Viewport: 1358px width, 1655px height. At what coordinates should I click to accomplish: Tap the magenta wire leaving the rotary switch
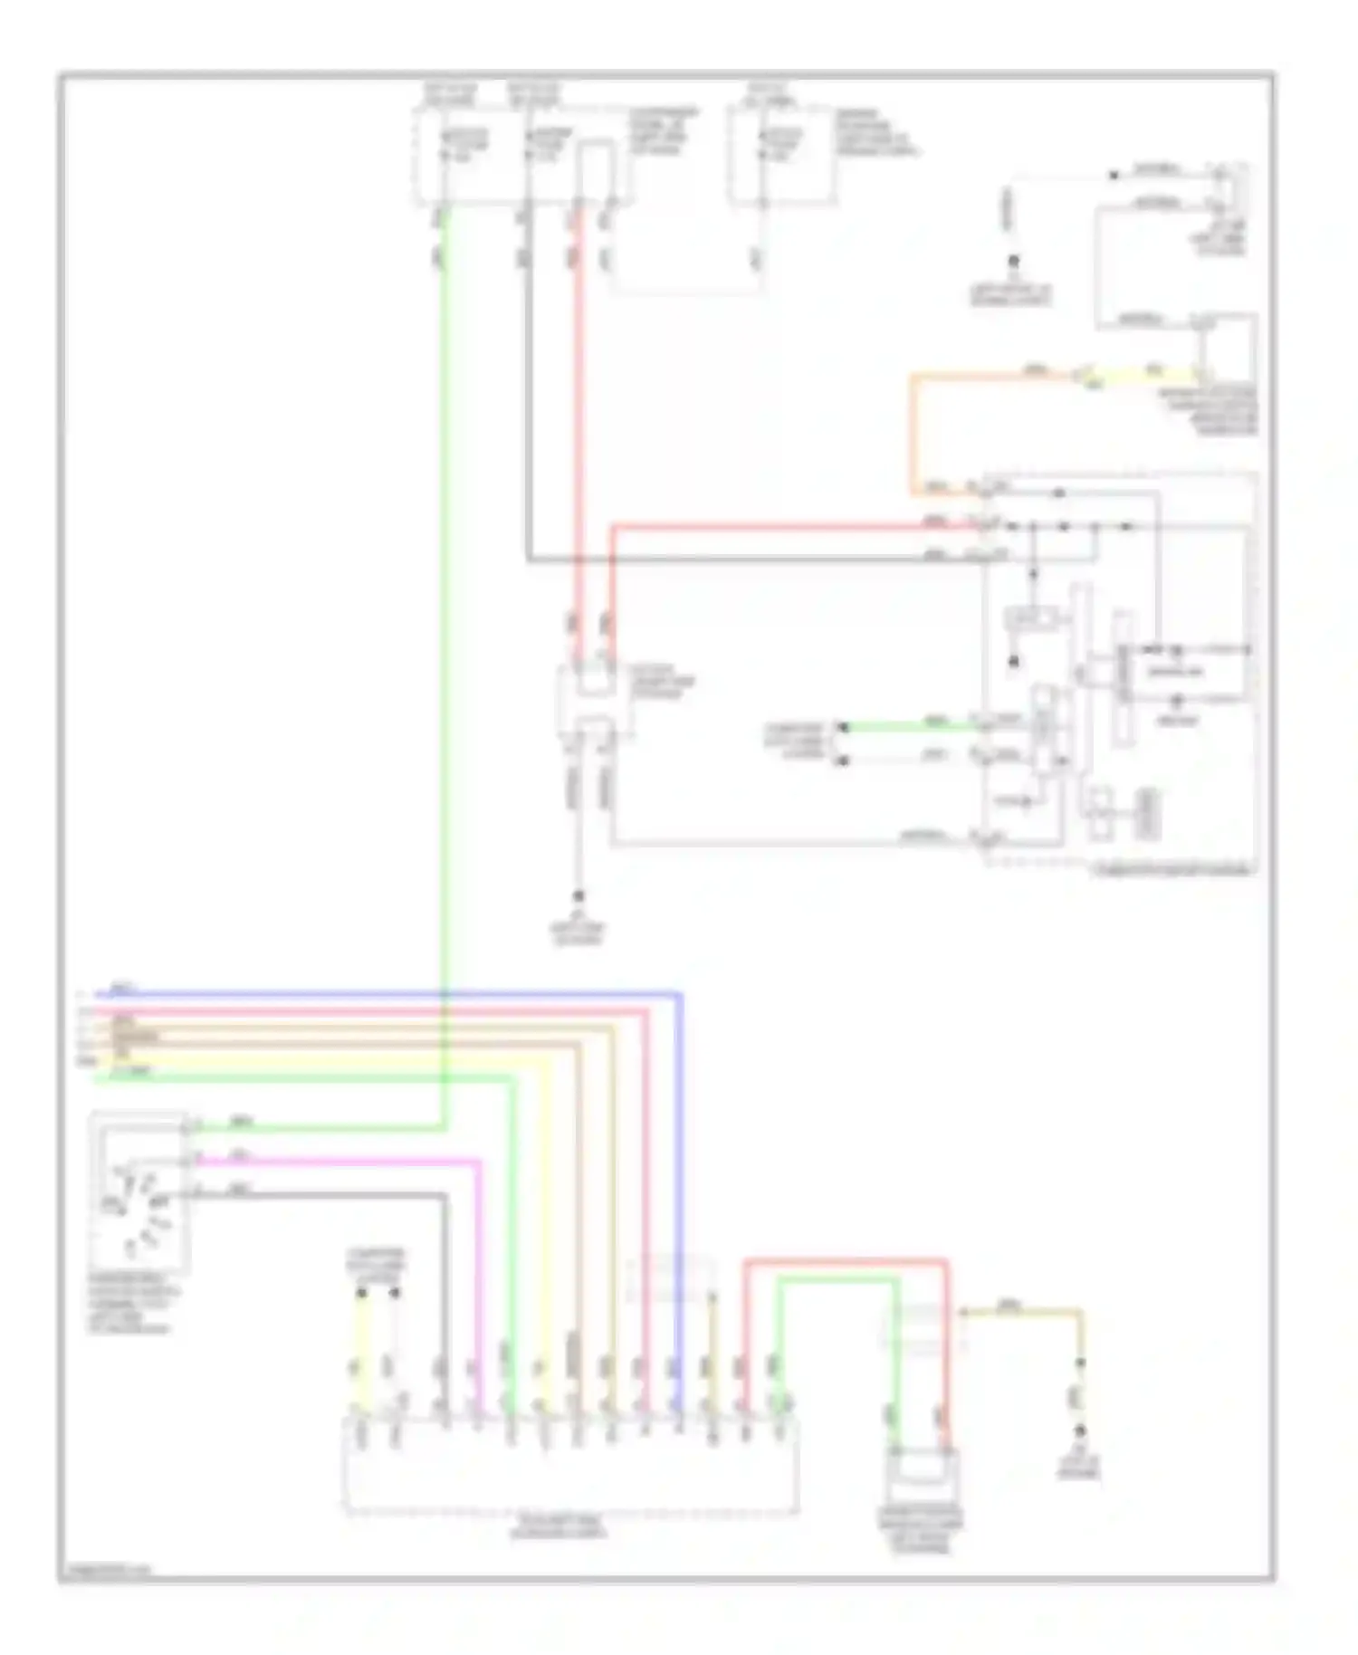[x=362, y=1160]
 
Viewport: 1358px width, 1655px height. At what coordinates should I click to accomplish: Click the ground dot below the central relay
[x=579, y=896]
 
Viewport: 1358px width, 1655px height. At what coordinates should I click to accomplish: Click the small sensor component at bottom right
[x=921, y=1472]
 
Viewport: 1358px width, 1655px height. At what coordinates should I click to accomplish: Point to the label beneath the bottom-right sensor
[x=921, y=1529]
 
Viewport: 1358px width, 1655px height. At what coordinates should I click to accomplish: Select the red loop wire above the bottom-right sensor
[x=846, y=1262]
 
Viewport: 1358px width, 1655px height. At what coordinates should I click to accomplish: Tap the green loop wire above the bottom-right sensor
[x=837, y=1279]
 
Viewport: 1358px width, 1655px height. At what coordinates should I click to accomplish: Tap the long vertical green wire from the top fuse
[x=444, y=634]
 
